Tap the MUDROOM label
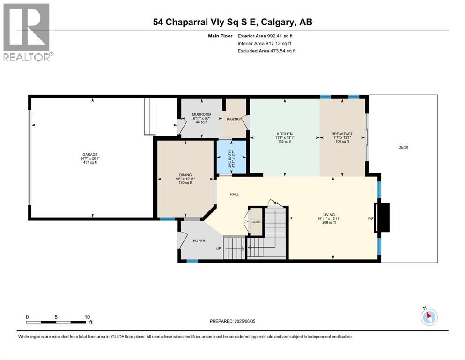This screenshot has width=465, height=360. coord(201,115)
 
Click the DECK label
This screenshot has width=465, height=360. coord(403,147)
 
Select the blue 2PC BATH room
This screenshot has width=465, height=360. coord(230,158)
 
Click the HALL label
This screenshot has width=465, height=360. coord(235,194)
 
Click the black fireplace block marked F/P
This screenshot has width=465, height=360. coord(384,217)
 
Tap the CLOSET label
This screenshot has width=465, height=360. coord(256,222)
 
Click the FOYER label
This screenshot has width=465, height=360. coord(199,240)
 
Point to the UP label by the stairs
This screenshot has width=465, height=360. coord(219,248)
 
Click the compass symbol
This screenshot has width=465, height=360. coord(429,317)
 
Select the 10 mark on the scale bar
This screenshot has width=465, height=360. coord(87,317)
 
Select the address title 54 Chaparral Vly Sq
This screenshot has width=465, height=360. coord(232,22)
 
